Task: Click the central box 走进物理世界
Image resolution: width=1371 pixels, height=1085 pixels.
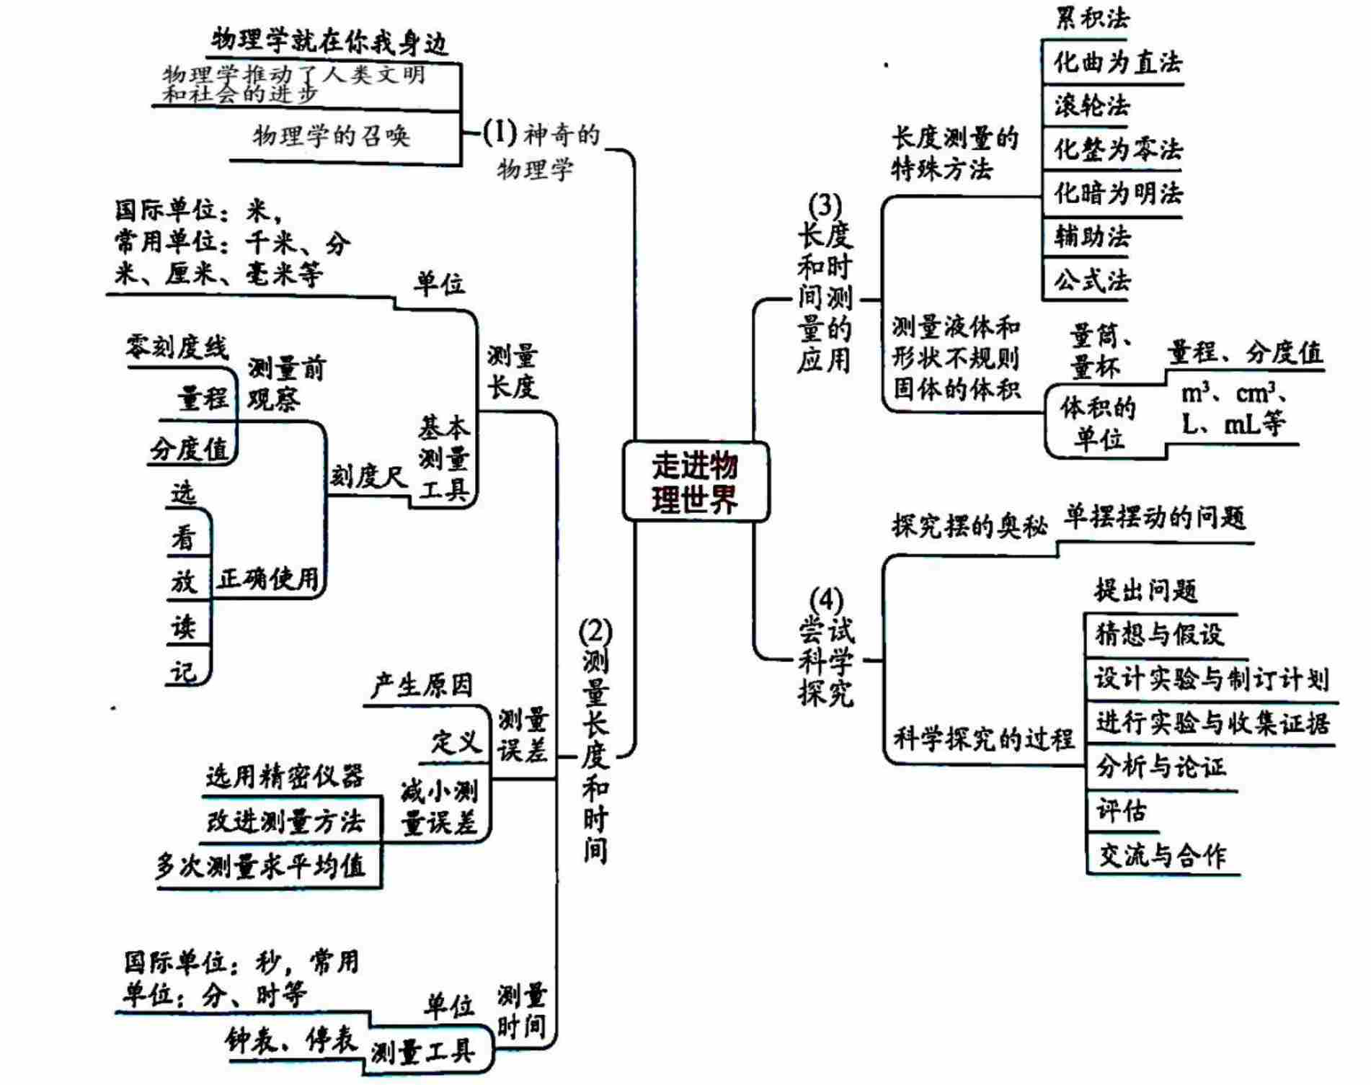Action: click(x=695, y=481)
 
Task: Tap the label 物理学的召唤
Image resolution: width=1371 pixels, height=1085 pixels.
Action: click(x=331, y=135)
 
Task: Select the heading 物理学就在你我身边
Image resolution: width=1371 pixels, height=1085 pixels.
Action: click(x=329, y=41)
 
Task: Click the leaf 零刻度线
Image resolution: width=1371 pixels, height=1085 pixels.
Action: click(x=177, y=347)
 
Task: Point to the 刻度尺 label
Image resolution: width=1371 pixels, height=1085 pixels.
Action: click(x=368, y=476)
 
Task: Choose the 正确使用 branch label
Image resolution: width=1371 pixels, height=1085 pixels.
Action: click(x=267, y=578)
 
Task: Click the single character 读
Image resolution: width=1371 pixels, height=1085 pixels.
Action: click(x=183, y=627)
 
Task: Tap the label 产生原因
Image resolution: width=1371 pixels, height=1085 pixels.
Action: click(x=422, y=685)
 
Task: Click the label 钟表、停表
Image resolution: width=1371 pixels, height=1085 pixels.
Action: click(x=291, y=1040)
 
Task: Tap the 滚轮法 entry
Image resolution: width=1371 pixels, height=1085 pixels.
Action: click(x=1091, y=106)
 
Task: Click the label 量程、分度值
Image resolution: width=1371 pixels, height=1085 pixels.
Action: click(x=1245, y=353)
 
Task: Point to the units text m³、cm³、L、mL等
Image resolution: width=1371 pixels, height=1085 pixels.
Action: click(x=1233, y=408)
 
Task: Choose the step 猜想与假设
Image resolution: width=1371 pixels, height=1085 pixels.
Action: click(x=1159, y=635)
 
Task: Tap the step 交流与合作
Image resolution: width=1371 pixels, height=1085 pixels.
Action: click(x=1161, y=855)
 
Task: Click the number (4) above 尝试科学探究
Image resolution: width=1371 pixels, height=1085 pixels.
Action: click(x=825, y=599)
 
